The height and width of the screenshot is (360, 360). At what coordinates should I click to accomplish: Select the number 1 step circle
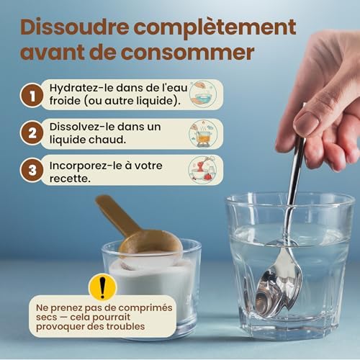pyautogui.click(x=32, y=94)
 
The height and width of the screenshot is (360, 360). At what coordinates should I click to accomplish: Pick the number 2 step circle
pyautogui.click(x=32, y=132)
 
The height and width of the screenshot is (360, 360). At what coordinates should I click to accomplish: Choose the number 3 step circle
pyautogui.click(x=32, y=171)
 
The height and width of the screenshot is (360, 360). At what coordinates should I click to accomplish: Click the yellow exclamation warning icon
pyautogui.click(x=102, y=287)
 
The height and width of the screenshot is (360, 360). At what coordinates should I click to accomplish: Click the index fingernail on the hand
pyautogui.click(x=305, y=124)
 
